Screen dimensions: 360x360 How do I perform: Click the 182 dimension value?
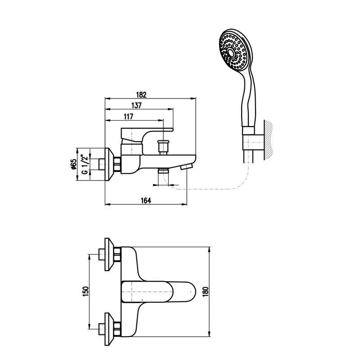click(141, 94)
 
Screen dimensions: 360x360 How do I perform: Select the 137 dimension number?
click(136, 105)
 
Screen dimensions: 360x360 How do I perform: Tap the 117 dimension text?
click(129, 117)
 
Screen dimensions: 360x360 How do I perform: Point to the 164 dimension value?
click(146, 200)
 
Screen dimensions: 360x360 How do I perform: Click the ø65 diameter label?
click(73, 164)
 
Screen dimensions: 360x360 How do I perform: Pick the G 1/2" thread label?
click(85, 164)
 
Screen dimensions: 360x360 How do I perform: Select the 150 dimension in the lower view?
click(85, 292)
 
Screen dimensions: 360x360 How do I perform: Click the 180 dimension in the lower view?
click(206, 292)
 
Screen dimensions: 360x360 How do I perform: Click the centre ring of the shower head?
click(231, 53)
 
